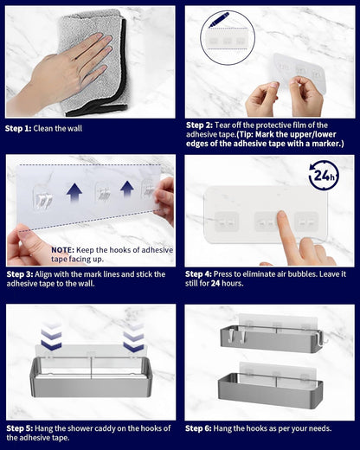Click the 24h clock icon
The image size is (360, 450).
tap(324, 175)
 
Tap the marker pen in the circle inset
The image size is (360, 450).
tap(218, 20)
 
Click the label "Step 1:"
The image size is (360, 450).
tap(18, 129)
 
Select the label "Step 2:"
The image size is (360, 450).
tap(199, 125)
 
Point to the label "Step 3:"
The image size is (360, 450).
tap(20, 274)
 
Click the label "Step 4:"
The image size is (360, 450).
tap(198, 274)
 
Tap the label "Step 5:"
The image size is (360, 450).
tap(20, 428)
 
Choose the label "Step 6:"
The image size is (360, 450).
tap(198, 428)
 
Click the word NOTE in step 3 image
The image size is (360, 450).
tap(62, 250)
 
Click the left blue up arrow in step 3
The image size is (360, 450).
tap(74, 192)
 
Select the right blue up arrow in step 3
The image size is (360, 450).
tap(127, 189)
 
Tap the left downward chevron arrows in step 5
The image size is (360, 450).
tap(51, 336)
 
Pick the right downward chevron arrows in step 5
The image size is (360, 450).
tap(133, 337)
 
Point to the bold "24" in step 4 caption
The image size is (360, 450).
tap(215, 283)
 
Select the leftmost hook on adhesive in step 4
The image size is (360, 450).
tap(226, 222)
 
